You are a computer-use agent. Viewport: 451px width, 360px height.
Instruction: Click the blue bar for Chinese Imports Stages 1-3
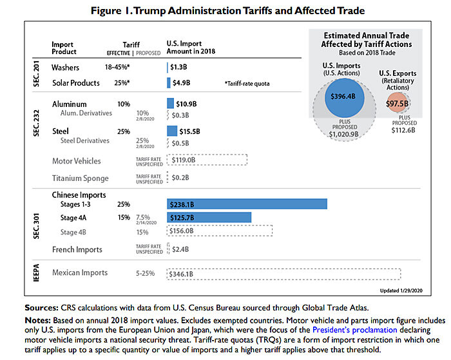point(247,204)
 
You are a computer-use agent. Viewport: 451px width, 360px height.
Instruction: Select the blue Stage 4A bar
point(209,217)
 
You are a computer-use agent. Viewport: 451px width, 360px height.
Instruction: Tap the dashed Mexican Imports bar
point(283,274)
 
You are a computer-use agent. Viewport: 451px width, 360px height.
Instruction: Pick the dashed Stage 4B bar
point(219,230)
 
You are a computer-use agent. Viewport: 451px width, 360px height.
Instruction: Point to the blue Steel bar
point(171,131)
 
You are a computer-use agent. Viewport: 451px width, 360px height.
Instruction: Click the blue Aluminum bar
point(171,103)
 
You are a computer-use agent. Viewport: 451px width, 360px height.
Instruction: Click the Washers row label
point(65,66)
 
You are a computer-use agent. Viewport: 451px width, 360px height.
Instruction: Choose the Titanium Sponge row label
point(80,178)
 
